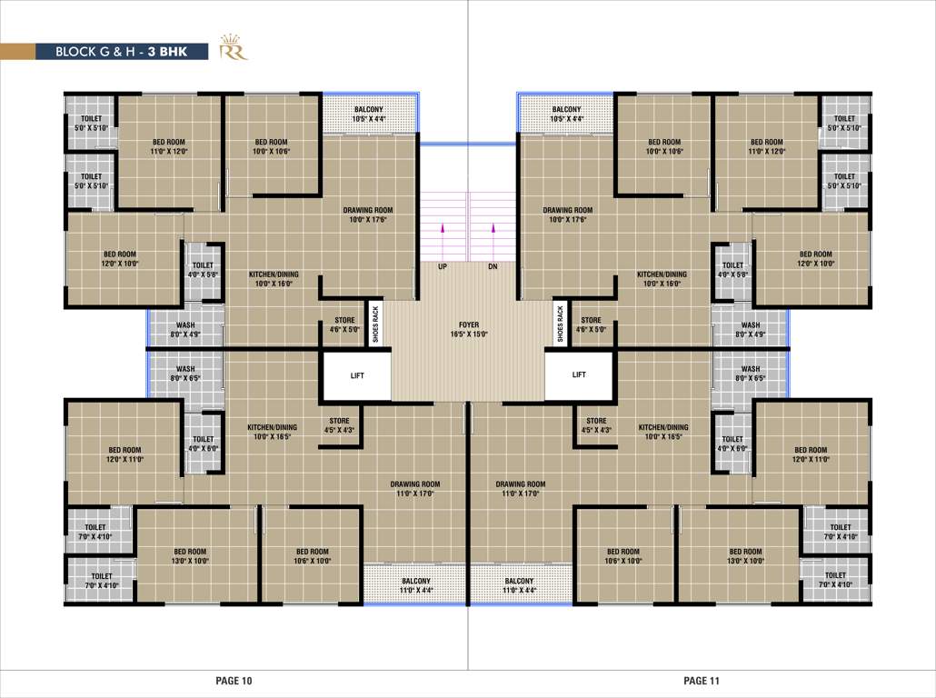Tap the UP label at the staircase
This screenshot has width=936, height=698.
coord(443,267)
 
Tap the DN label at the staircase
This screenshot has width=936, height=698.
coord(493,267)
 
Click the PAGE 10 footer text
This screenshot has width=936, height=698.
coord(234,680)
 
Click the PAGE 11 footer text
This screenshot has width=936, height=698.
coord(702,680)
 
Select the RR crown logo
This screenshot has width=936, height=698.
coord(233,49)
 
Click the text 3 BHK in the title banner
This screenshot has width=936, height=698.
coord(168,52)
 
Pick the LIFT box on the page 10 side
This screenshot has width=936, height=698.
coord(356,375)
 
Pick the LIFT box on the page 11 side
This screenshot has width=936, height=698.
coord(579,375)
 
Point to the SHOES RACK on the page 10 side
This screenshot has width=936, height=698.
coord(375,323)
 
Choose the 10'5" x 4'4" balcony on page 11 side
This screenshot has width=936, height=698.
coord(566,114)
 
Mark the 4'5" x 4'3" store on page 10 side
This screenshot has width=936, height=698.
coord(339,425)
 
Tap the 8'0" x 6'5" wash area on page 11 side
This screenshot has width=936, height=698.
coord(750,374)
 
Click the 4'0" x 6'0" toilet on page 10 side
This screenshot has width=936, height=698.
coord(204,444)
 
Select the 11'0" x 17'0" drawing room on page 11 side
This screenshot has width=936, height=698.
coord(521,489)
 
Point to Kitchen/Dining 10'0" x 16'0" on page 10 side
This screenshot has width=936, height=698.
coord(274,279)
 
